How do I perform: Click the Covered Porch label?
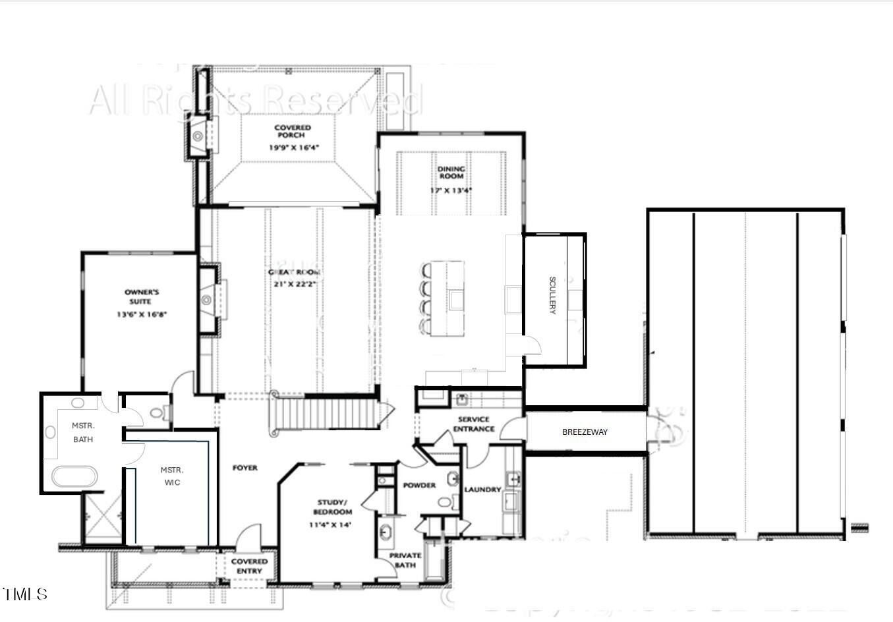coord(293,131)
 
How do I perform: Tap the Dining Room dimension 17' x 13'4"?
coord(451,190)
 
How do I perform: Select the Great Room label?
coord(294,272)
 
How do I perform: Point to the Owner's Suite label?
coord(142,297)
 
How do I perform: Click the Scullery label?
coord(552,295)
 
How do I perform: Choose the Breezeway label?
coord(585,432)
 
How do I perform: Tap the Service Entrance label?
coord(473,424)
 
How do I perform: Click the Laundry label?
coord(482,490)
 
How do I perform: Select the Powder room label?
coord(419,486)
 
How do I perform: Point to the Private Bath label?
coord(405,560)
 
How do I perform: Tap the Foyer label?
coord(245,468)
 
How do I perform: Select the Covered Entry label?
coord(249,566)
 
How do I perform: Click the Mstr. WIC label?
coord(171,476)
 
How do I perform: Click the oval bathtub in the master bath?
coord(74,476)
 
